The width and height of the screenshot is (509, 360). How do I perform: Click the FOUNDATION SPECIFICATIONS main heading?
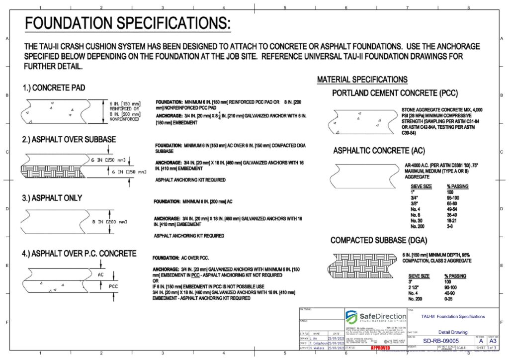pyautogui.click(x=128, y=23)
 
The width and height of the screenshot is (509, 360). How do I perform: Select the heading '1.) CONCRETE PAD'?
pyautogui.click(x=54, y=88)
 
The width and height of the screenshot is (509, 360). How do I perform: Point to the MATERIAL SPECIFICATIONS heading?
pyautogui.click(x=362, y=80)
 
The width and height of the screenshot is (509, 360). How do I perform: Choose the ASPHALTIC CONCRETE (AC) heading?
pyautogui.click(x=379, y=151)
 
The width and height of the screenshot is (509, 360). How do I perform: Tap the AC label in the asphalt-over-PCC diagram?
pyautogui.click(x=101, y=274)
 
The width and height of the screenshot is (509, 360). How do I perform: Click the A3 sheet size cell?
pyautogui.click(x=493, y=341)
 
